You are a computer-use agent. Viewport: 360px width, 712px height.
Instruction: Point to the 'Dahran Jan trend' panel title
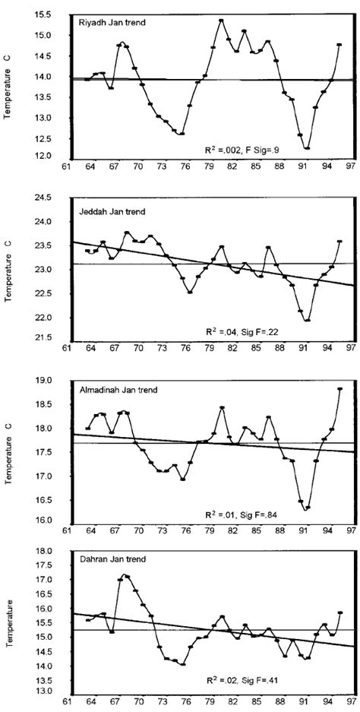(106, 559)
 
